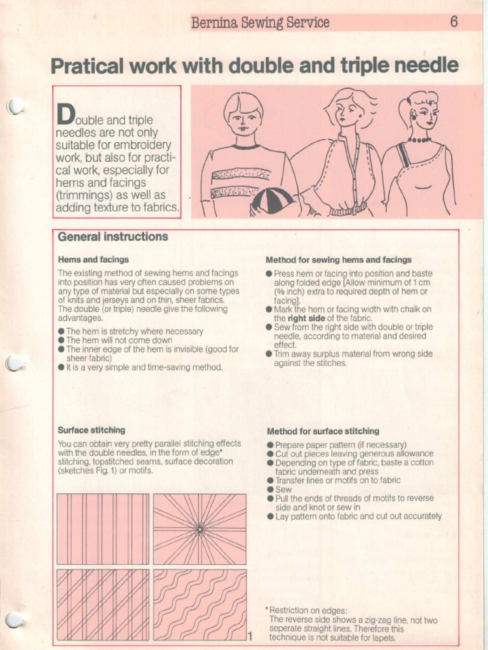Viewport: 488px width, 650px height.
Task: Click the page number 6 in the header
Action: click(454, 22)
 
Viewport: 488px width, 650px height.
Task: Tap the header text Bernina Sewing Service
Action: click(260, 23)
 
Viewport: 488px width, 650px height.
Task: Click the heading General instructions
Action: click(112, 237)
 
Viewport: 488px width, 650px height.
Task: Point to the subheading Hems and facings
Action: click(93, 260)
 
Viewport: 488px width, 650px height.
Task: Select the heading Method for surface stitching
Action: click(323, 430)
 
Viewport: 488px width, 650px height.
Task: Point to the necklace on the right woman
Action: click(419, 140)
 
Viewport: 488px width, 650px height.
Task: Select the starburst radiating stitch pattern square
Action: click(200, 529)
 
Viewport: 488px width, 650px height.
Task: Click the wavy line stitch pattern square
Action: click(200, 604)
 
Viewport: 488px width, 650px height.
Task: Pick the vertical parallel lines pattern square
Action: click(103, 529)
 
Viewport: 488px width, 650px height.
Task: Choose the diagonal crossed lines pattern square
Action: click(103, 604)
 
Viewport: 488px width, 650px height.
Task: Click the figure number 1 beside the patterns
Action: click(251, 636)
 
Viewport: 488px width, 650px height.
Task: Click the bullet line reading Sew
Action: click(283, 489)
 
